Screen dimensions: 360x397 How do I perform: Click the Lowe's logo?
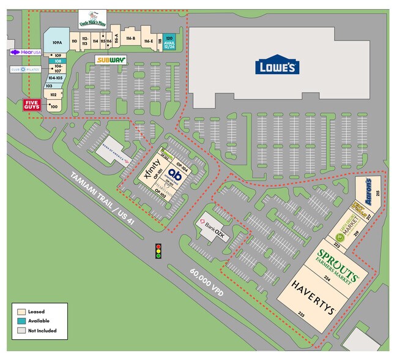point(277,66)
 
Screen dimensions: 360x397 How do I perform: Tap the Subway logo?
point(111,60)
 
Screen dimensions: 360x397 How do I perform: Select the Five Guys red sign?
point(32,105)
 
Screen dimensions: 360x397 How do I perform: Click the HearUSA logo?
point(25,53)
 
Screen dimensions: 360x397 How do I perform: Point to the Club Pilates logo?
point(25,70)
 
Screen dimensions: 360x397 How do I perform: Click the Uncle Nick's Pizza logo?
point(92,18)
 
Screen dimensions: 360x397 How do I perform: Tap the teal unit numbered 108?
point(58,61)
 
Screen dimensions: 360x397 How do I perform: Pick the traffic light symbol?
point(158,250)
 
